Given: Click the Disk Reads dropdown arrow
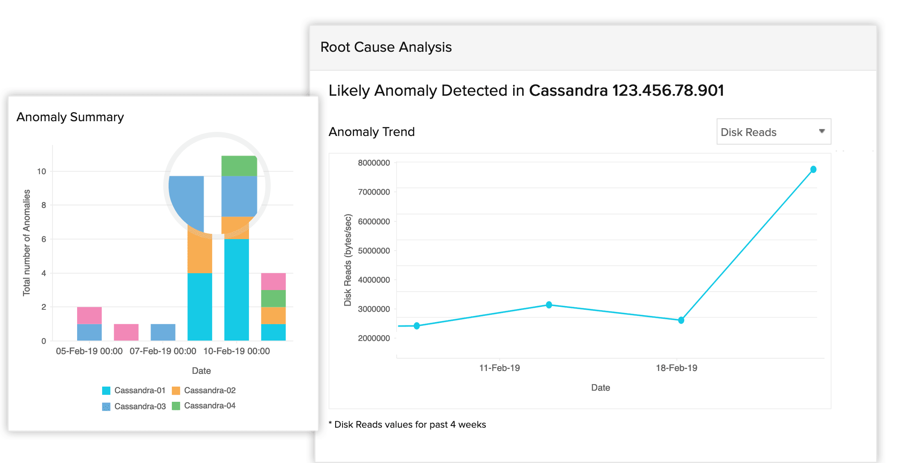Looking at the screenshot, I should click(822, 131).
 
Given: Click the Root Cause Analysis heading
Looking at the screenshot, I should click(386, 47).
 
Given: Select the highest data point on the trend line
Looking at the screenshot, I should click(813, 169).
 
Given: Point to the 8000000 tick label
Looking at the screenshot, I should click(374, 163).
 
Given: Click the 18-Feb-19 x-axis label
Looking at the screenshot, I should click(676, 368).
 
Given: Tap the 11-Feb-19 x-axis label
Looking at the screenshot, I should click(499, 368).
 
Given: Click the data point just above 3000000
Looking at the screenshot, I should click(549, 305).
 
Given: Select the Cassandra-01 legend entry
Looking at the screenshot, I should click(134, 390).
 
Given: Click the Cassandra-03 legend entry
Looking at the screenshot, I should click(134, 406).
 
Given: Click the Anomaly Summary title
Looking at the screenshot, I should click(70, 117).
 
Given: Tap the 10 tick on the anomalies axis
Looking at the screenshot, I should click(41, 171).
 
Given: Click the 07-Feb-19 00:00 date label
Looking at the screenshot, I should click(163, 351).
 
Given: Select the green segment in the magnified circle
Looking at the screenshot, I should click(239, 166).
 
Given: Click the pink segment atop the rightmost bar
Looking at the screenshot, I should click(273, 281).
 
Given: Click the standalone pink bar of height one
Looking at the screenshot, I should click(126, 332).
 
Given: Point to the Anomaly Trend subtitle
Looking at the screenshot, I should click(371, 132).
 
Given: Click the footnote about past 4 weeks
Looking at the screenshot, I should click(409, 424).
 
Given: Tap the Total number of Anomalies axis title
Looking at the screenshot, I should click(27, 242).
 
